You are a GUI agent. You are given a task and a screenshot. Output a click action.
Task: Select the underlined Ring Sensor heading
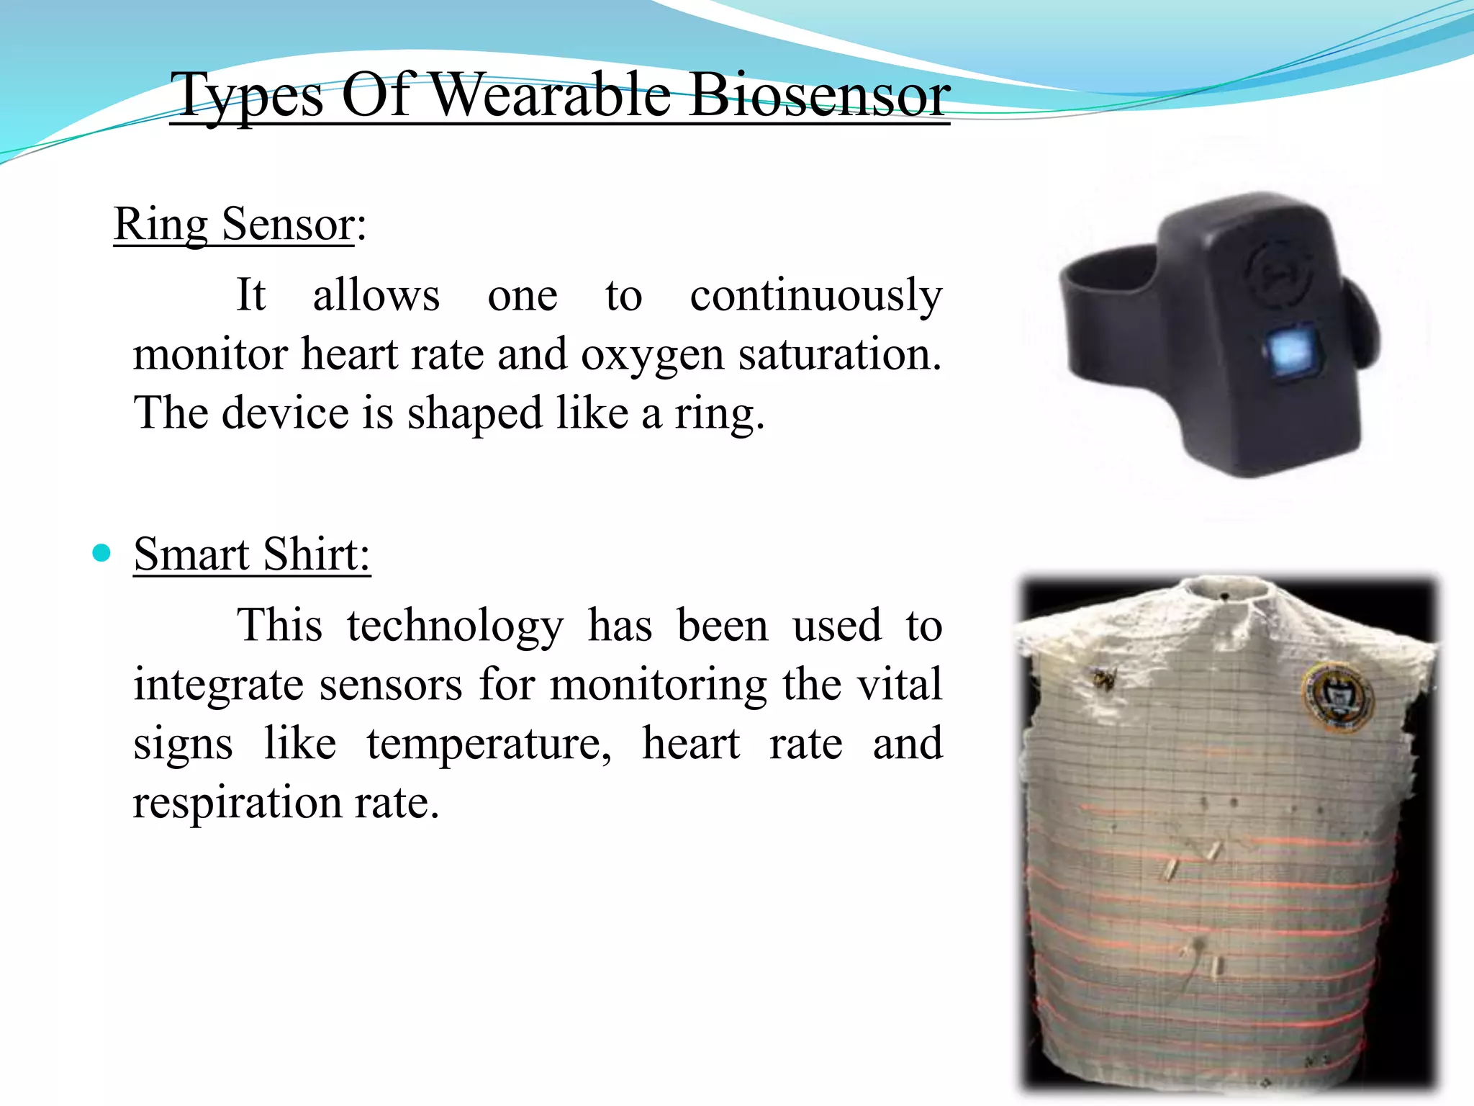[234, 224]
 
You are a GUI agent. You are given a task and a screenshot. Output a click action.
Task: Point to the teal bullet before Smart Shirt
[102, 553]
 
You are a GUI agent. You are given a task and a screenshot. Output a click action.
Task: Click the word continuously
[815, 296]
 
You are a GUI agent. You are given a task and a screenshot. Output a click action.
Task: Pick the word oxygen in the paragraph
[652, 354]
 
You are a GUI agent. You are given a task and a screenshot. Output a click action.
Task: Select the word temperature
[489, 744]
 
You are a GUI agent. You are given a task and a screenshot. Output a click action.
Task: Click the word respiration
[238, 802]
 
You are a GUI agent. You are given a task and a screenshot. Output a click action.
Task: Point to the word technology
[455, 625]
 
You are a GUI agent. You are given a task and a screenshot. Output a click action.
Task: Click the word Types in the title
[249, 96]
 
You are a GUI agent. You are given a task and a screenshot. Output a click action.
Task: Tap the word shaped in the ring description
[474, 413]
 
